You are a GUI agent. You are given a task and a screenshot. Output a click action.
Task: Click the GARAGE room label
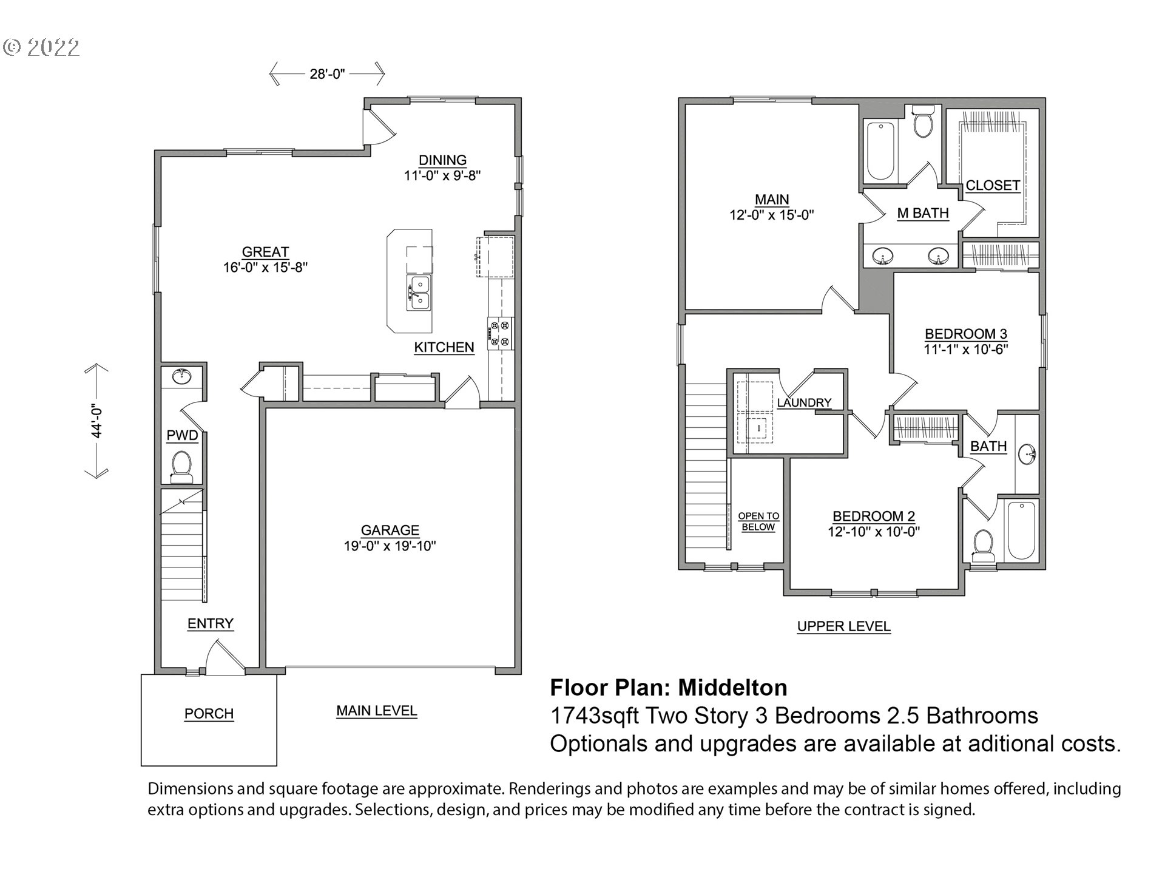tap(390, 530)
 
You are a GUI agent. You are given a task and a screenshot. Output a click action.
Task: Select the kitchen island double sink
tap(419, 293)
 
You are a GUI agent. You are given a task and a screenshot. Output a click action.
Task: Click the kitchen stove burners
tap(500, 334)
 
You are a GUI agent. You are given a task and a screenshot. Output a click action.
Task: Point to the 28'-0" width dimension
tap(327, 74)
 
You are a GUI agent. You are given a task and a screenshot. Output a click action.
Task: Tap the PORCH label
tap(209, 714)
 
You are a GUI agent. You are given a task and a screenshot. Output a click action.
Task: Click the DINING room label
tap(443, 160)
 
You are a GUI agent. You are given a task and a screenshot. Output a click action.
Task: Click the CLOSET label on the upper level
tap(993, 185)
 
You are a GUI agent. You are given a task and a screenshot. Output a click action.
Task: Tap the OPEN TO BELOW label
tap(758, 521)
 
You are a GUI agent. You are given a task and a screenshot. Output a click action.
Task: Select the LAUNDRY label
tap(804, 402)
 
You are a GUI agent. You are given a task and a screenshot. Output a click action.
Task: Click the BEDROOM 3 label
tap(966, 334)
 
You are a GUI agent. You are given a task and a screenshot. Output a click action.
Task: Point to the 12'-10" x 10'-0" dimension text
tap(874, 532)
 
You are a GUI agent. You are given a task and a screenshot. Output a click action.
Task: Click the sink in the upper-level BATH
tap(1028, 453)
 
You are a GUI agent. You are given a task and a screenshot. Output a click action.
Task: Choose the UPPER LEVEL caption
tap(844, 626)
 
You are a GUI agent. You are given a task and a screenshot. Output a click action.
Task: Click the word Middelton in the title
tap(732, 688)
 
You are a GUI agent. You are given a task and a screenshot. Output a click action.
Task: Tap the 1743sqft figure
tap(594, 716)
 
